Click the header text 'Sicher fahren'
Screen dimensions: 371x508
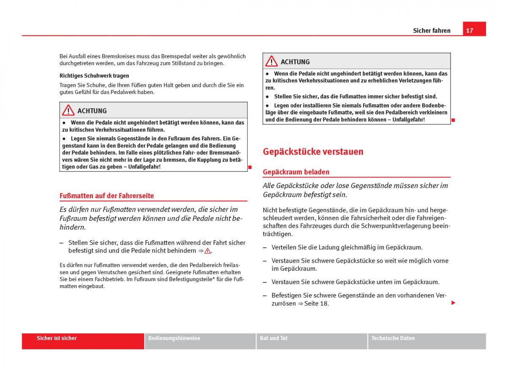coord(432,30)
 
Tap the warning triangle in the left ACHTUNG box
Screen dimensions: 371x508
coord(68,111)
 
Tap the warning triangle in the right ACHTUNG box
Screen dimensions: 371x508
coord(271,61)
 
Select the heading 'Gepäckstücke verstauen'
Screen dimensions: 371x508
coord(313,152)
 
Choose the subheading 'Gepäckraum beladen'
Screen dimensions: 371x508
coord(296,172)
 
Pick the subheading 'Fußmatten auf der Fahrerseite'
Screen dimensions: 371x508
coord(107,196)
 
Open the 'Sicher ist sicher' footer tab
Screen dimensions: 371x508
coord(57,338)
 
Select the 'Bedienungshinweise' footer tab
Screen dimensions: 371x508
coord(174,338)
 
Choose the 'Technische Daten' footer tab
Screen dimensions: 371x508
coord(393,338)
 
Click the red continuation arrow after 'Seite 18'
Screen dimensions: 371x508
coord(453,303)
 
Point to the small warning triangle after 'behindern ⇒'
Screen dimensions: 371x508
coord(207,251)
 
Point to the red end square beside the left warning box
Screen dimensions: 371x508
coord(250,167)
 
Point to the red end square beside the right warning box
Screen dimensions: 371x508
coord(453,120)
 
